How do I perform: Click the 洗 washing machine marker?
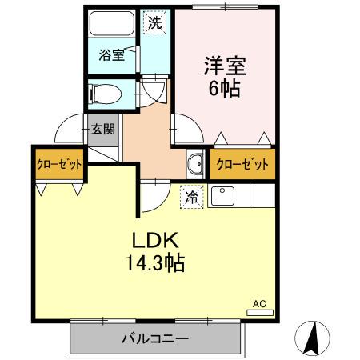[x=155, y=22]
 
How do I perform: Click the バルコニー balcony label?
[x=154, y=337]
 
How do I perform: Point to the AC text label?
[x=258, y=303]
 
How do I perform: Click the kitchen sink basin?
[x=222, y=194]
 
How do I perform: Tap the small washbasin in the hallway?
[x=194, y=166]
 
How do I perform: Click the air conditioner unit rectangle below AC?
[x=259, y=312]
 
